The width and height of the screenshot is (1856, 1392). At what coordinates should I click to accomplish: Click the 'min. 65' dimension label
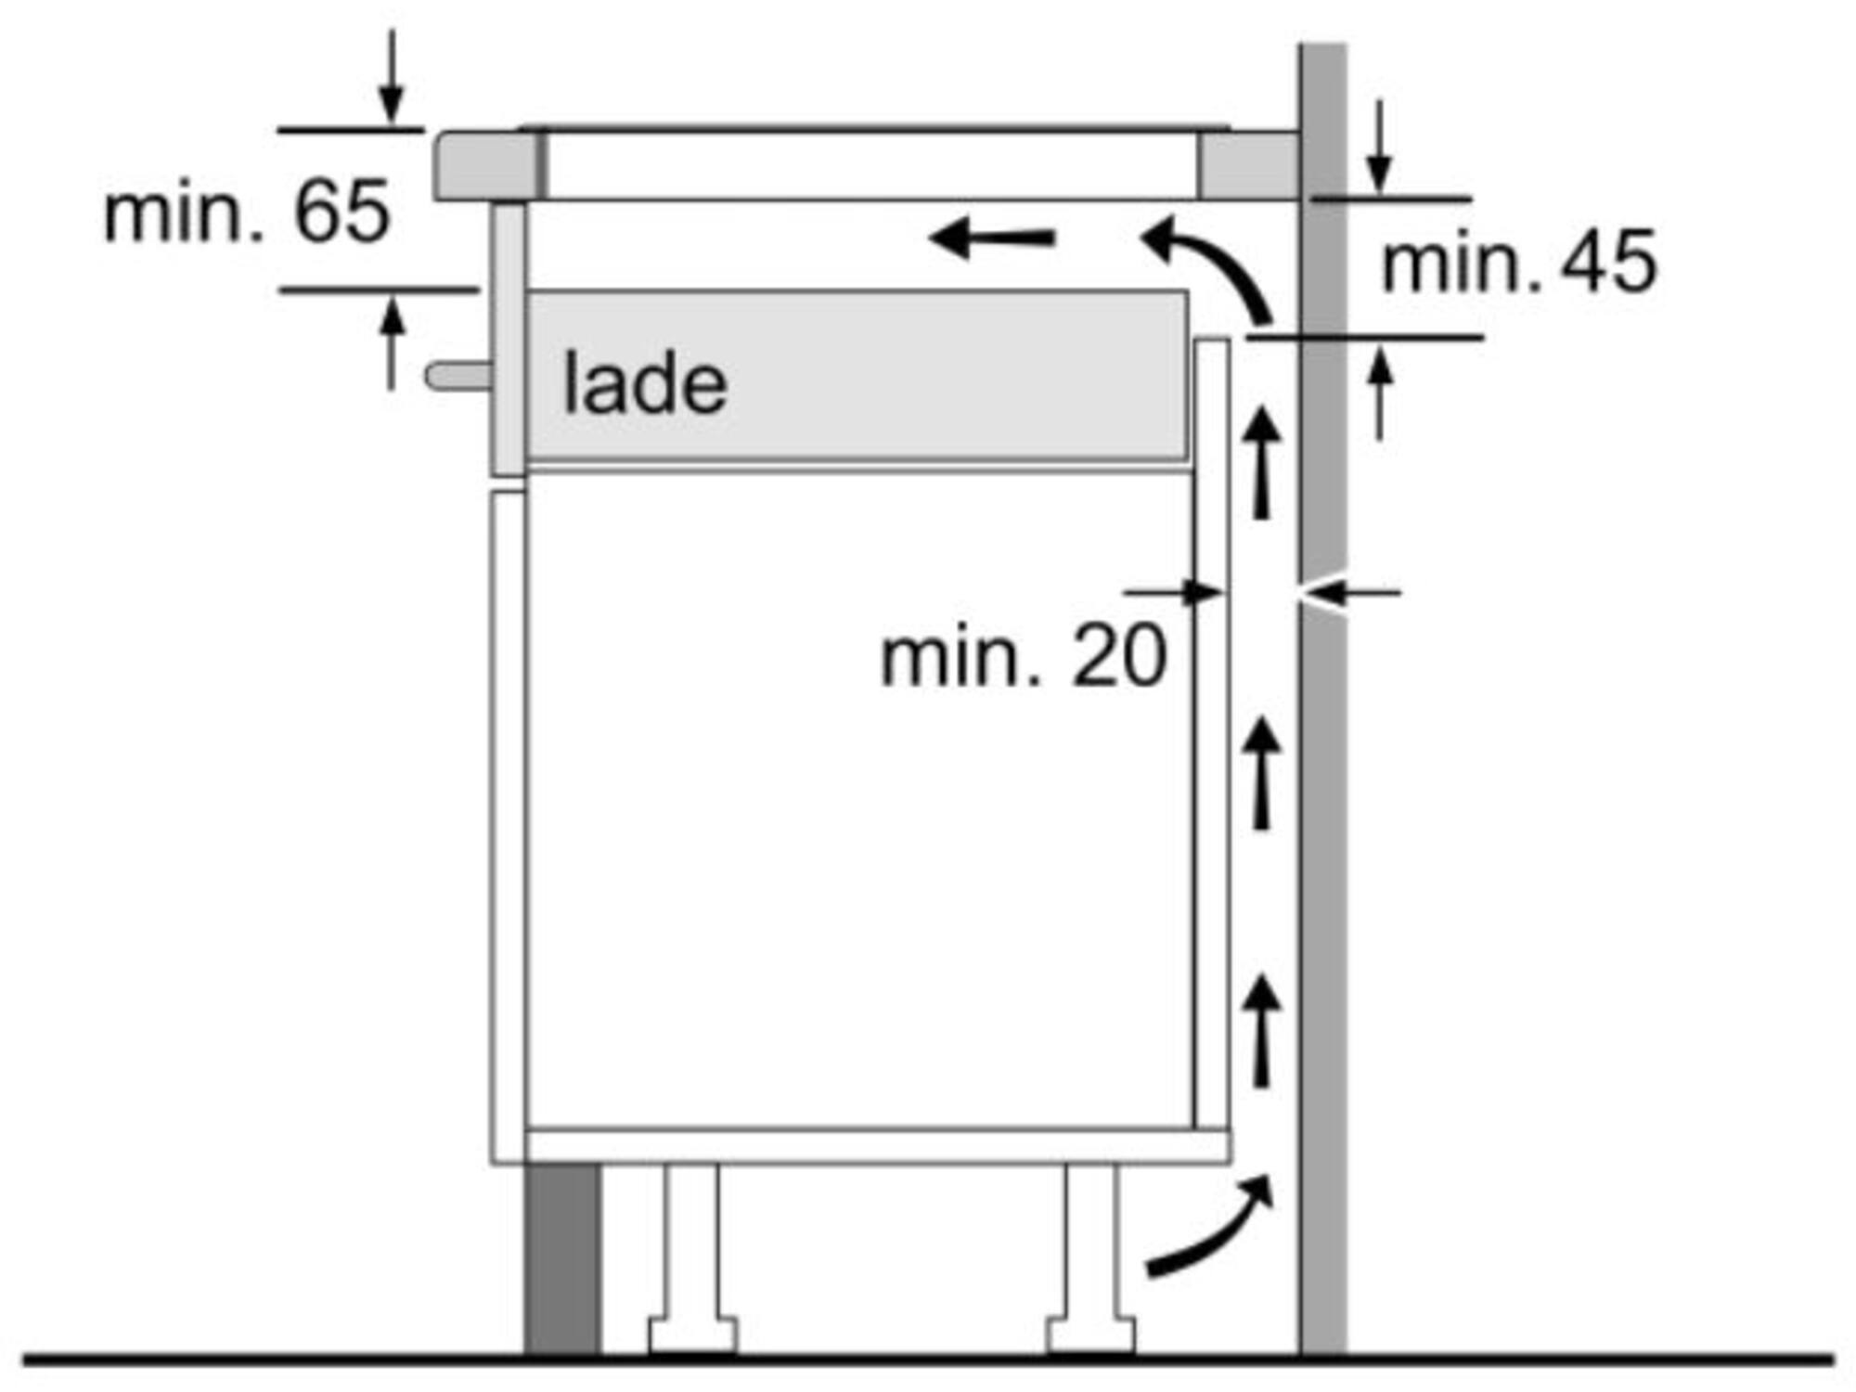point(247,212)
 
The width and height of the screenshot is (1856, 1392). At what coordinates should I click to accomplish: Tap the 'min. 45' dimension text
point(1518,263)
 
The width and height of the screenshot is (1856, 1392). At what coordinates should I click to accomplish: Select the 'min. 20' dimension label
point(1023,656)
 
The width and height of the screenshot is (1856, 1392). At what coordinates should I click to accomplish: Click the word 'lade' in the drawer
point(645,382)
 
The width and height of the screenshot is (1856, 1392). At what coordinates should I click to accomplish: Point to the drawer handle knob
point(458,376)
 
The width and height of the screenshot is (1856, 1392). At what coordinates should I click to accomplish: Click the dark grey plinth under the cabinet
point(562,1259)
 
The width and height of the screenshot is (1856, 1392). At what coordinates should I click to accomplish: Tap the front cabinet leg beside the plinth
point(692,1259)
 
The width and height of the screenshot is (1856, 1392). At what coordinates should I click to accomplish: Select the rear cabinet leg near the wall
point(1091,1259)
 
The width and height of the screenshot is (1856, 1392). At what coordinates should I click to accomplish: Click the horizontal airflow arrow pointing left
point(992,238)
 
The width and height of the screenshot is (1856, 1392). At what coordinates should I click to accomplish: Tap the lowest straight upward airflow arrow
point(1261,1029)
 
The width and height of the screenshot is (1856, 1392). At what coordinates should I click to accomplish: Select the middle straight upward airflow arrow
point(1261,773)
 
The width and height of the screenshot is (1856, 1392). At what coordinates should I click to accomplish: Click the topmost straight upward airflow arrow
point(1261,462)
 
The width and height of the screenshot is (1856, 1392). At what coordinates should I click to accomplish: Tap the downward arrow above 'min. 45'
point(1380,146)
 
